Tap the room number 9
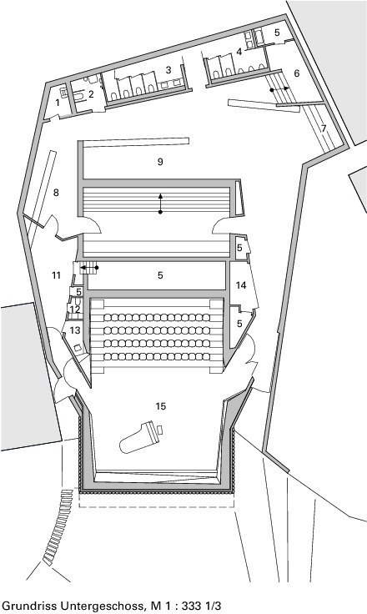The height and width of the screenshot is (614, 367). coord(160,162)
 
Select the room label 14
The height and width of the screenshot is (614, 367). coord(241,285)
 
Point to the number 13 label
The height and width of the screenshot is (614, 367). coord(75,330)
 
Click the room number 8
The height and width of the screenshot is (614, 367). coord(56,193)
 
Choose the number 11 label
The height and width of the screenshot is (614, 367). coord(57,275)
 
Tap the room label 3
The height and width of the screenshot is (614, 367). coord(168,70)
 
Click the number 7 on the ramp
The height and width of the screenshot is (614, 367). coord(324,128)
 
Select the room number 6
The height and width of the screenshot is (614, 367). coord(296,73)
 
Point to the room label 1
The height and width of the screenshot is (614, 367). coord(58,103)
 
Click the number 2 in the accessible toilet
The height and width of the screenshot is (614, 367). coord(91,94)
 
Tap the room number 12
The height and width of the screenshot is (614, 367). coord(75,309)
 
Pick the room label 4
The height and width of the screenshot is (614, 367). coord(239,51)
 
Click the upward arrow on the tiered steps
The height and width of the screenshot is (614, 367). coord(160,203)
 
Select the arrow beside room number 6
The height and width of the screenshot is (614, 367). coord(280,89)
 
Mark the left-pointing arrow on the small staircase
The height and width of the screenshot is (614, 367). coord(89,268)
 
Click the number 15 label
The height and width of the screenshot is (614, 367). coord(161,406)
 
